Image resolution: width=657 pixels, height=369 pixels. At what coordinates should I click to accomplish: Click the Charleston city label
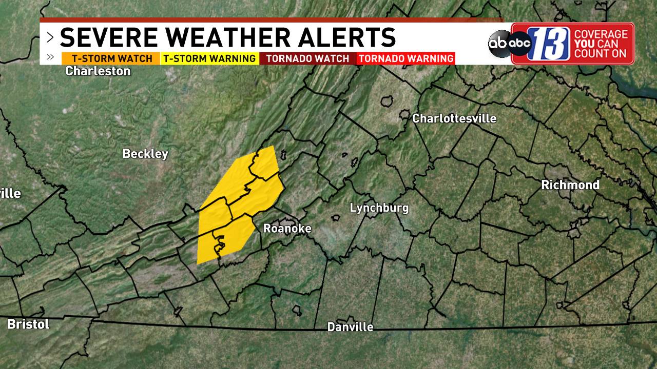98,71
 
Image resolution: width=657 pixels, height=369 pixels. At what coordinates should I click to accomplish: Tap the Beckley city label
145,154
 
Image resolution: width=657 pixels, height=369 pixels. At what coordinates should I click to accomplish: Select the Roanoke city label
287,229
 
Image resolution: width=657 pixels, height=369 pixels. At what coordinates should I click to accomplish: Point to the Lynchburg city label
379,208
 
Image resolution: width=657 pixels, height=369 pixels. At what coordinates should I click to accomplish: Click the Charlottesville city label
454,119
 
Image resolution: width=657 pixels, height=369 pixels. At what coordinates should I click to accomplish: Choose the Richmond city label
570,185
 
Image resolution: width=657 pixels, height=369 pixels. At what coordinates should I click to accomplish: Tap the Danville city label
351,327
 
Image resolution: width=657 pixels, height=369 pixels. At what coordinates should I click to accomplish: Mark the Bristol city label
28,324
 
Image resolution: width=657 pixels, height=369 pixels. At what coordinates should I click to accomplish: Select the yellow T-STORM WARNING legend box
209,58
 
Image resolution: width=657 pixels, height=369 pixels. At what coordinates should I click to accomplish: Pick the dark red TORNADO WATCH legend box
307,58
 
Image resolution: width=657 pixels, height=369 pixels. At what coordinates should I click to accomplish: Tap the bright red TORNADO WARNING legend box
406,58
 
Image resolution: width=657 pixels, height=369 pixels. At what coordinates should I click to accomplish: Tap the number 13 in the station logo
548,44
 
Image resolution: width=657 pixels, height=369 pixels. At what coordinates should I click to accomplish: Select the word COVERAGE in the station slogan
601,34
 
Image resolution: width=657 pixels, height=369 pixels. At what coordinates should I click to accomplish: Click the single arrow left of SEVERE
50,37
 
